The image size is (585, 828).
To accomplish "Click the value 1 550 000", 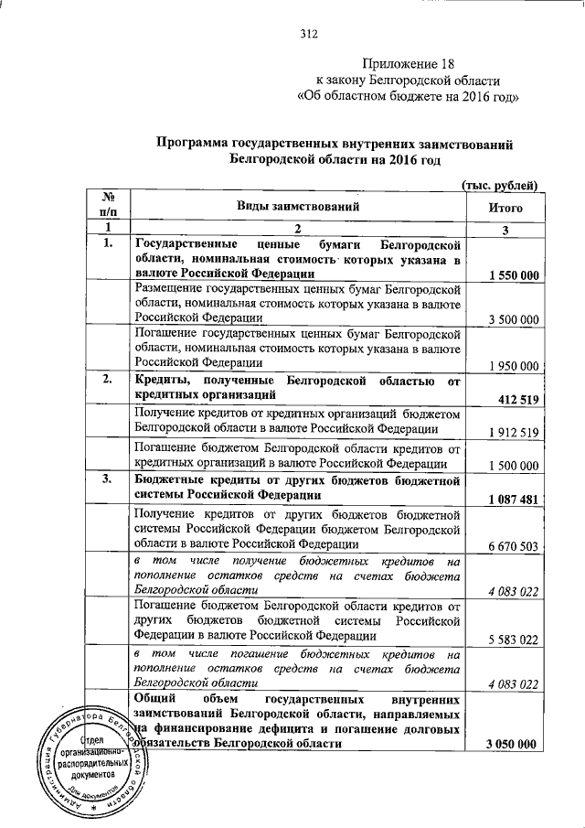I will pyautogui.click(x=512, y=274).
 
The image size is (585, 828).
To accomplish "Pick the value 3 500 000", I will pyautogui.click(x=512, y=319).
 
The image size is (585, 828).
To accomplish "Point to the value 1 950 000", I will pyautogui.click(x=512, y=365).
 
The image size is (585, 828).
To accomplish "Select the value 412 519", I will pyautogui.click(x=516, y=399).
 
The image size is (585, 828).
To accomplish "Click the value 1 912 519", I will pyautogui.click(x=512, y=432).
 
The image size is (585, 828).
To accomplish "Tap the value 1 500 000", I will pyautogui.click(x=512, y=466).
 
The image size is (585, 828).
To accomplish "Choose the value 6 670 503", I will pyautogui.click(x=512, y=546).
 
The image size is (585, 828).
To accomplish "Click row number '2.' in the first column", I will pyautogui.click(x=108, y=379).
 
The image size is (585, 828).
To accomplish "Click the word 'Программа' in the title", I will pyautogui.click(x=191, y=144).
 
